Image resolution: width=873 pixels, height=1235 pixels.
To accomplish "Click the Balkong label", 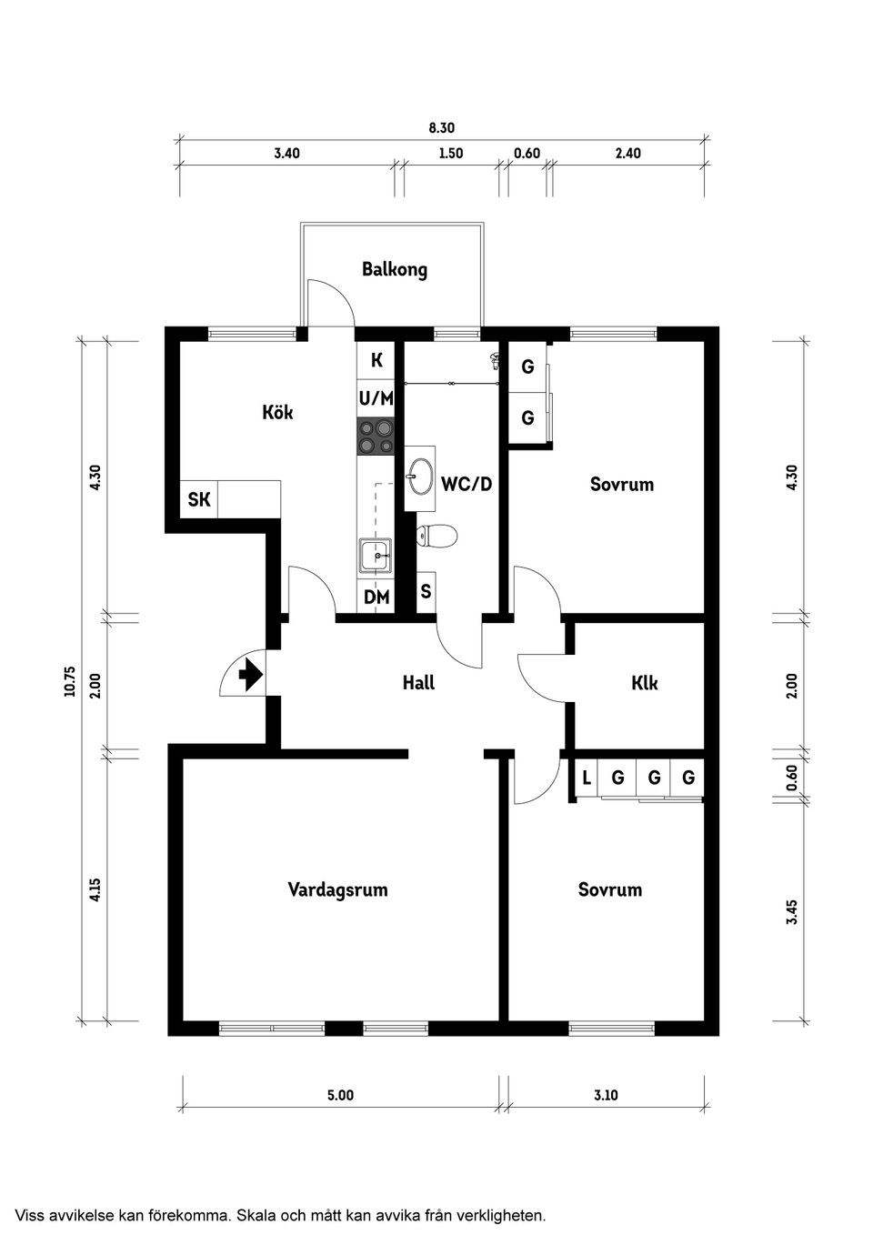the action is pyautogui.click(x=394, y=269).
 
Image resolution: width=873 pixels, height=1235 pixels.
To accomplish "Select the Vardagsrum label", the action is pyautogui.click(x=337, y=889).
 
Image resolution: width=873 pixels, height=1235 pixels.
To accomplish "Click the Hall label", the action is pyautogui.click(x=418, y=683).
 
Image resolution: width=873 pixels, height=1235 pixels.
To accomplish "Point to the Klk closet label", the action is pyautogui.click(x=644, y=683).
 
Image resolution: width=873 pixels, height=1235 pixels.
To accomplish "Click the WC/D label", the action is pyautogui.click(x=467, y=484).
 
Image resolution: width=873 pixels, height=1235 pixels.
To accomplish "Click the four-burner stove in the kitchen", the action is pyautogui.click(x=376, y=437).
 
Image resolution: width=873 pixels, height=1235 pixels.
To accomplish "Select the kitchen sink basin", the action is pyautogui.click(x=376, y=555).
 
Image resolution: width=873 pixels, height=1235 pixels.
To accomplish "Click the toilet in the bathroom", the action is pyautogui.click(x=436, y=536).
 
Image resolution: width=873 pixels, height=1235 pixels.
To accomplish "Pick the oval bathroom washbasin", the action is pyautogui.click(x=420, y=477).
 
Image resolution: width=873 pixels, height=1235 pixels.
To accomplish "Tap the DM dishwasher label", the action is pyautogui.click(x=376, y=597).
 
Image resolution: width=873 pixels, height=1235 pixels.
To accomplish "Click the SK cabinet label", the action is pyautogui.click(x=199, y=499).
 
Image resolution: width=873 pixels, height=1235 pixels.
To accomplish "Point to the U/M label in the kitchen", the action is pyautogui.click(x=376, y=397).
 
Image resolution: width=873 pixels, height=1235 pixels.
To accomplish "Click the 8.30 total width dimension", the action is pyautogui.click(x=441, y=128).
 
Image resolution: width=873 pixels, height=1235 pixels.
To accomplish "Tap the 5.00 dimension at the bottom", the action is pyautogui.click(x=341, y=1095).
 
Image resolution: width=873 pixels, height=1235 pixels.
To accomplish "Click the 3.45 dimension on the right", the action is pyautogui.click(x=792, y=912).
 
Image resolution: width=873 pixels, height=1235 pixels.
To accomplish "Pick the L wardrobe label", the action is pyautogui.click(x=587, y=778).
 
